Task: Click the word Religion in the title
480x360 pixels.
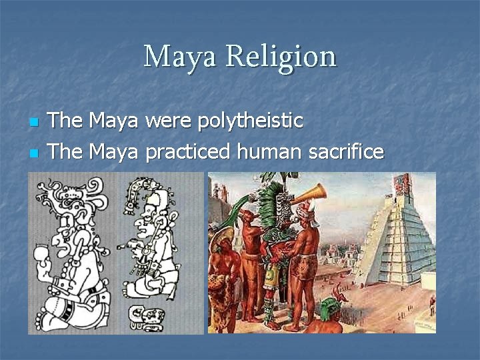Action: tap(281, 57)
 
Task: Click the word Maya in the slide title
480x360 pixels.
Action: tap(180, 57)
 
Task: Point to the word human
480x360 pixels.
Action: tap(271, 152)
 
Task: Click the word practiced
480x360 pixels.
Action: tap(189, 152)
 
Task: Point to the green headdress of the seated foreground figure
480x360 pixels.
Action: tap(329, 308)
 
